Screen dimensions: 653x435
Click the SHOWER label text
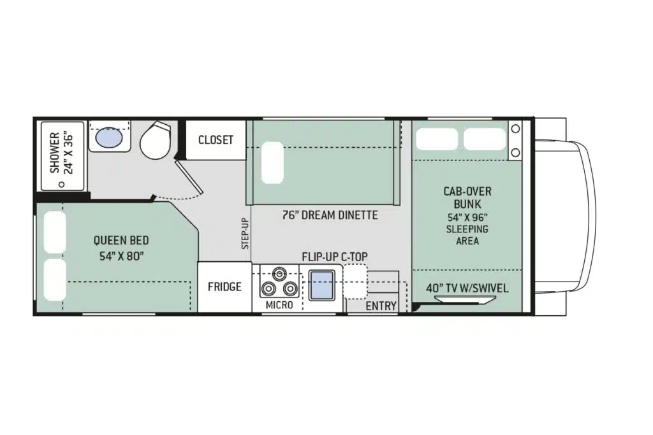click(55, 153)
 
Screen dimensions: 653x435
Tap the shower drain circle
click(62, 184)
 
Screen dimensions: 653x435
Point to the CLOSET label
click(216, 139)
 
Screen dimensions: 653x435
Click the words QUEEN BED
click(121, 240)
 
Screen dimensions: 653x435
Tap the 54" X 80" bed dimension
click(121, 256)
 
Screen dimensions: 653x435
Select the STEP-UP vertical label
click(246, 233)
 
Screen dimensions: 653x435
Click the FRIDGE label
click(224, 287)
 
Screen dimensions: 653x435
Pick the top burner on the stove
click(279, 274)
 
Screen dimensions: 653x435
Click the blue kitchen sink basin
click(321, 285)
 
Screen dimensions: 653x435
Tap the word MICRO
click(279, 305)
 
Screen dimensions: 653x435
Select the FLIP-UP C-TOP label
click(334, 257)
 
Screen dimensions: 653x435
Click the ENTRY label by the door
click(381, 306)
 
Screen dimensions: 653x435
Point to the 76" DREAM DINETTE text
click(330, 215)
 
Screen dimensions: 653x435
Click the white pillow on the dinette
click(272, 162)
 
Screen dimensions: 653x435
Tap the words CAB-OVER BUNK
click(467, 197)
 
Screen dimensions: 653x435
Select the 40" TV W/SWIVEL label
click(467, 289)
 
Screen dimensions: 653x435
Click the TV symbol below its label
click(465, 299)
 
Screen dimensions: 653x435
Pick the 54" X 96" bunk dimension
click(467, 217)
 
